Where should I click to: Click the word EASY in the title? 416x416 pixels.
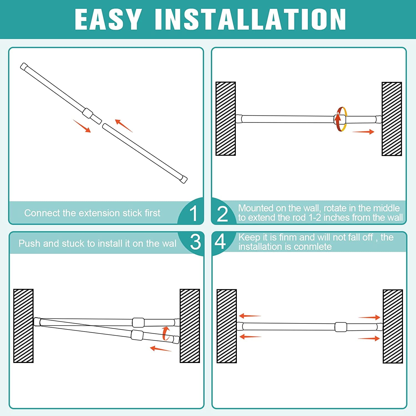click(x=108, y=19)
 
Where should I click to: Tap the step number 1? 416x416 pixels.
click(x=193, y=214)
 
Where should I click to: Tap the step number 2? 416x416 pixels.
click(x=222, y=214)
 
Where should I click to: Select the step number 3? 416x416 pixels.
click(x=195, y=242)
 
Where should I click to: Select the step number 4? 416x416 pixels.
click(x=220, y=242)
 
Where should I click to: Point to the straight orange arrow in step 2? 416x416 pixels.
click(x=363, y=132)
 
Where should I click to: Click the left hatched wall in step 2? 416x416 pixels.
click(x=225, y=119)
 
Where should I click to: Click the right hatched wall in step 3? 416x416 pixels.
click(x=190, y=326)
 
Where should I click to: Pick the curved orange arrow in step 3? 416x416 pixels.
click(x=166, y=333)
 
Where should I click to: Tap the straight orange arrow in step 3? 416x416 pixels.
click(x=161, y=349)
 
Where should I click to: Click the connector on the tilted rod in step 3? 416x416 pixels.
click(x=137, y=335)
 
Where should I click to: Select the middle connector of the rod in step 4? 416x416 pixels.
click(x=341, y=327)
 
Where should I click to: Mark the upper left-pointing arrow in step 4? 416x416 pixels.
click(x=250, y=316)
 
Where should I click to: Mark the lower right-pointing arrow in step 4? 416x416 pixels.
click(x=369, y=338)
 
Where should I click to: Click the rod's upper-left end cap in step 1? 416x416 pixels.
click(x=24, y=67)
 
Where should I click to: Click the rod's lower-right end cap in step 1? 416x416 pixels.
click(x=184, y=179)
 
